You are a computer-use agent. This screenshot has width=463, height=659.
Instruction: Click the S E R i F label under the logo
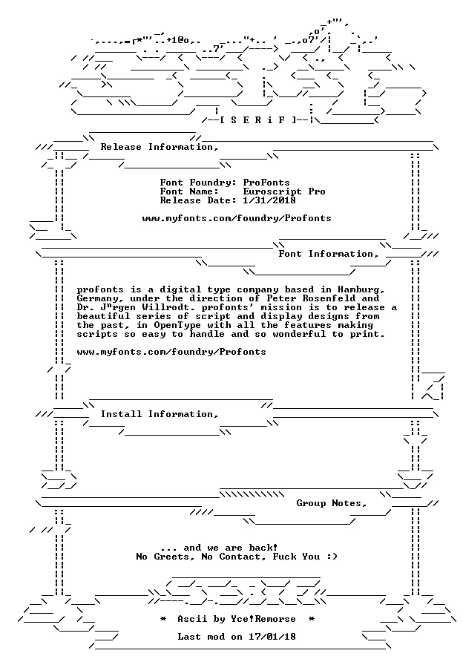258,120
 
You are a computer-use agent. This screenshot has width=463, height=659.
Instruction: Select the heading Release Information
160,147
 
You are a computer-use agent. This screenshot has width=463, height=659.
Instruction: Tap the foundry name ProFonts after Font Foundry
266,183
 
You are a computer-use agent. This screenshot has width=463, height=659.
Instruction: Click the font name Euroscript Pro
284,191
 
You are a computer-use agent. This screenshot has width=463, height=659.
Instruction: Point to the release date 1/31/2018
269,200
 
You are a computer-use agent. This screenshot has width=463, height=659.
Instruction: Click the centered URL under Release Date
237,218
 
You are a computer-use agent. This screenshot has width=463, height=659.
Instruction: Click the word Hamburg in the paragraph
361,290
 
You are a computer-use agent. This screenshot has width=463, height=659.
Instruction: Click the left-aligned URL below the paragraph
171,353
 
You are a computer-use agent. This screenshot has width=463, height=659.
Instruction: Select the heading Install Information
160,414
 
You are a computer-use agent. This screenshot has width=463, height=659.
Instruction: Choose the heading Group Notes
332,503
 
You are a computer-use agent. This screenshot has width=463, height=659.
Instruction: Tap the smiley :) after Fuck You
332,557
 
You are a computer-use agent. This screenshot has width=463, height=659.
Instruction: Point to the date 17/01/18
272,637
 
